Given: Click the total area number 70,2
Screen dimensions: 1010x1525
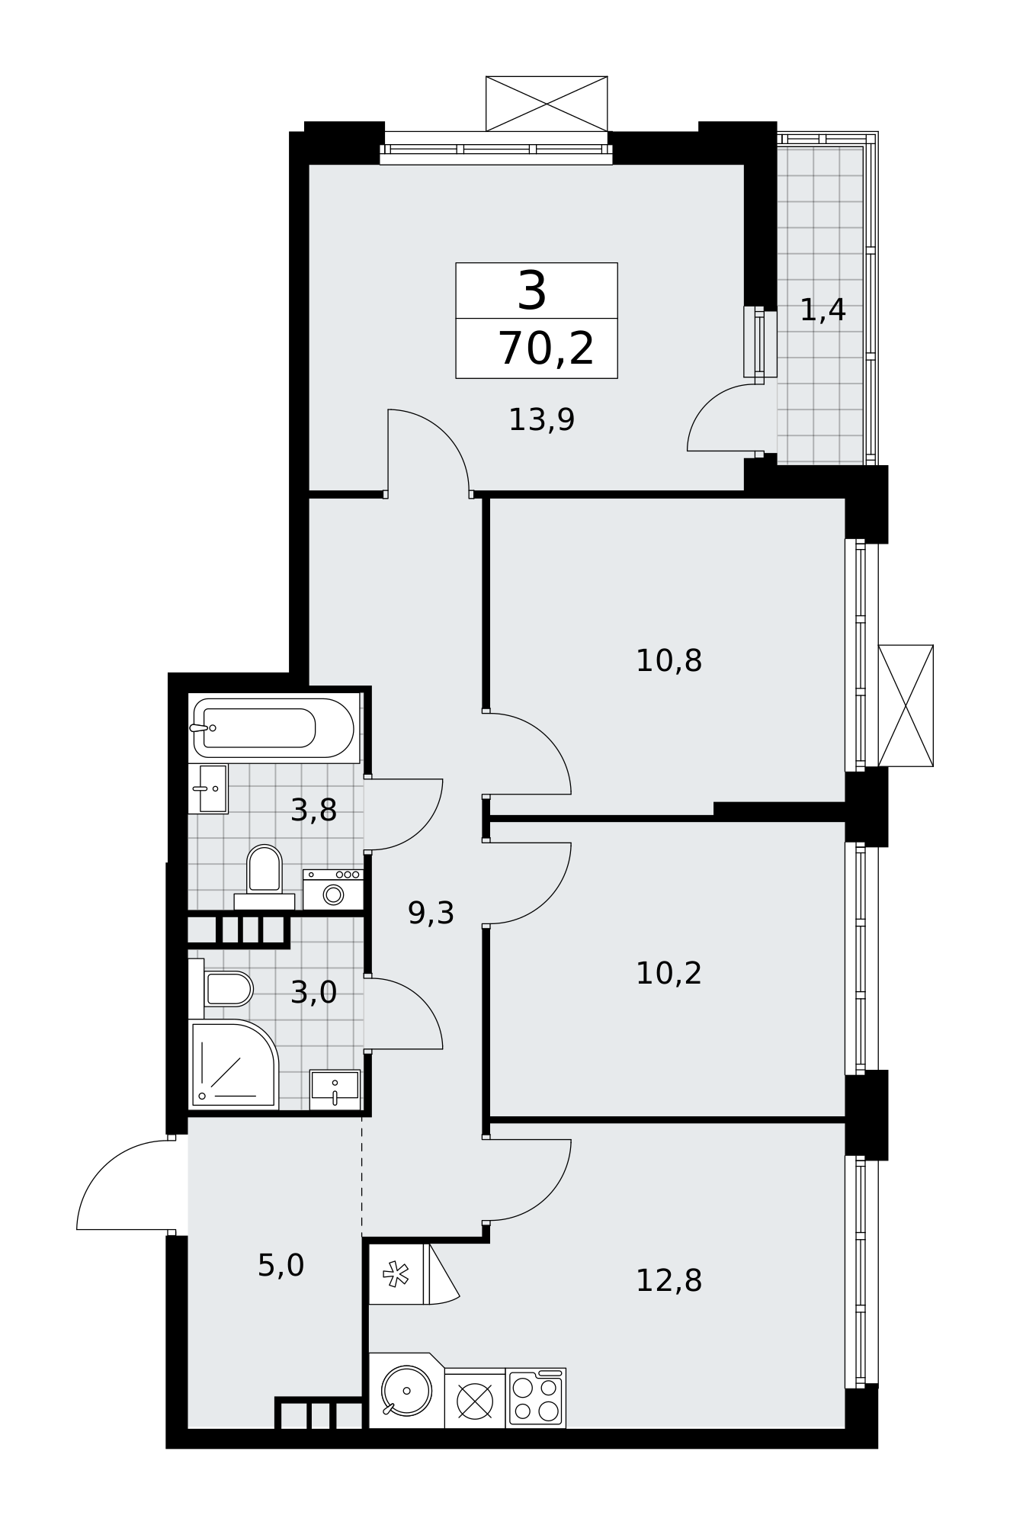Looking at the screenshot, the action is pos(546,349).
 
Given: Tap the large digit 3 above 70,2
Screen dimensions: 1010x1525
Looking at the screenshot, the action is pos(532,291).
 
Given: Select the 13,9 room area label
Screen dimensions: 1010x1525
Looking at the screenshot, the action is pos(541,419).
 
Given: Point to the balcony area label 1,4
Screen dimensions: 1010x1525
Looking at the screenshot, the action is pos(822,310).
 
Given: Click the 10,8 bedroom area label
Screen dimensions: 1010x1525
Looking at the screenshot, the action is pos(669,660).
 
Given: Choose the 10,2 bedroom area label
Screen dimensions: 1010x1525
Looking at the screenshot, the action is pos(669,973).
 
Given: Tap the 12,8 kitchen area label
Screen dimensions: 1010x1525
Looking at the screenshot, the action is pos(669,1280).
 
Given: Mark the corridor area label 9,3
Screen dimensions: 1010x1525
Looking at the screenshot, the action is pos(431,913).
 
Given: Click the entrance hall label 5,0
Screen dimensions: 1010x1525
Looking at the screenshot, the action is pos(281,1266).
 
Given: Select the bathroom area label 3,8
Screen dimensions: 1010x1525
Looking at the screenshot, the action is pos(313,810).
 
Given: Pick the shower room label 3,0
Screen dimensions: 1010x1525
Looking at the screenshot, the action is pos(313,992).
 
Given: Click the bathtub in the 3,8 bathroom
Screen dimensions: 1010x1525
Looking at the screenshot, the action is pos(274,728).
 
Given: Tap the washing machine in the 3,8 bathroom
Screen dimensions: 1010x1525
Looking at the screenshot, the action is pos(333,890).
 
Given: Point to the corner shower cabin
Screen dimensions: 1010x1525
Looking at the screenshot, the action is pos(233,1064).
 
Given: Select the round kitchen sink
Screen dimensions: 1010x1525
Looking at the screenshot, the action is pos(406,1391).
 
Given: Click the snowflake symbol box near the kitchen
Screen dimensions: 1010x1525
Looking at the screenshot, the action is pos(396,1274).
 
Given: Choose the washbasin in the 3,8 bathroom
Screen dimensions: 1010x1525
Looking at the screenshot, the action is pos(208,788).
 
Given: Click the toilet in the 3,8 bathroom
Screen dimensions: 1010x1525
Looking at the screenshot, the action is pos(265,877).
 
